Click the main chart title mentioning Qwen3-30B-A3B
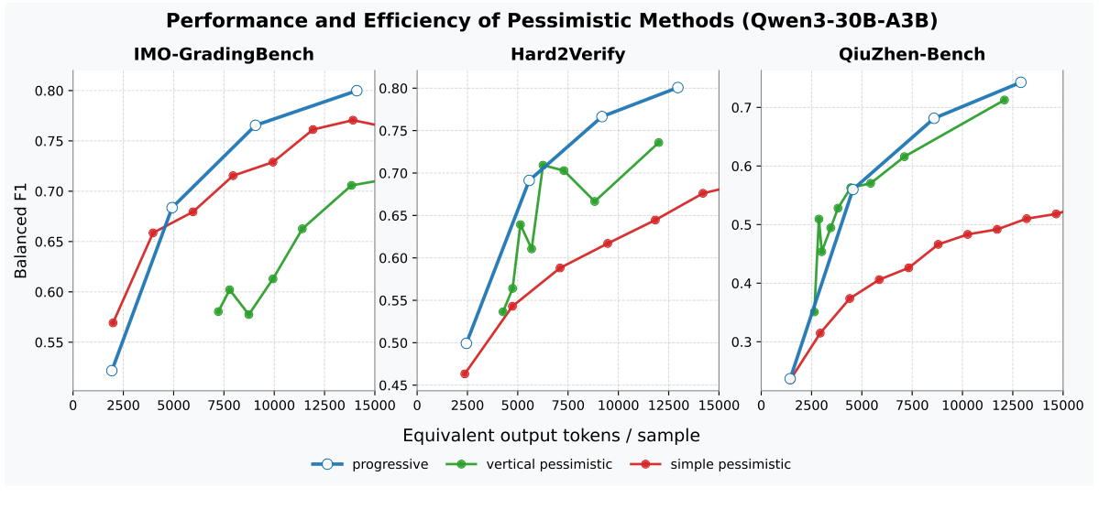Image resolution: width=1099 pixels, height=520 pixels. pos(552,21)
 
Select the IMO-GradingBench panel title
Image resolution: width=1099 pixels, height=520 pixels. pos(224,54)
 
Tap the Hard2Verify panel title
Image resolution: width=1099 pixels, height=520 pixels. pos(567,54)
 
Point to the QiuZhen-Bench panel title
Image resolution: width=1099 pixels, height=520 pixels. pos(912,54)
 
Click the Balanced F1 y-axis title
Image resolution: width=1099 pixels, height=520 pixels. pos(21,228)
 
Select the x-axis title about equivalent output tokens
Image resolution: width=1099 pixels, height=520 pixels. pos(551,436)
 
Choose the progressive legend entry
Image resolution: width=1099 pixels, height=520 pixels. pos(370,464)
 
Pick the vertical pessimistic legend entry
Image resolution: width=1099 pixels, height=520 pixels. pos(529,464)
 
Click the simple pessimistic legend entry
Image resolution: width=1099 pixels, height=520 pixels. pos(710,464)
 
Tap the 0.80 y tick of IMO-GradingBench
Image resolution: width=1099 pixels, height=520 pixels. pos(50,91)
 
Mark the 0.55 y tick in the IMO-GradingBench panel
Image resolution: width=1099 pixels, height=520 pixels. pos(50,342)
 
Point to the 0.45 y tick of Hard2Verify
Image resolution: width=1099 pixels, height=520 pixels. pos(396,385)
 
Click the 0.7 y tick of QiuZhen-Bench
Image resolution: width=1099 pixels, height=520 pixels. pos(744,108)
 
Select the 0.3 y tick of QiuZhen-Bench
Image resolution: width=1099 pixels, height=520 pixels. pos(744,342)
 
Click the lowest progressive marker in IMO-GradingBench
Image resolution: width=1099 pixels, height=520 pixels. pos(112,370)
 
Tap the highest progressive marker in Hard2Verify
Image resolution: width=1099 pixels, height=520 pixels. pos(677,87)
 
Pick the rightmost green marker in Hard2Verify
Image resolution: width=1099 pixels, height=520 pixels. pos(658,143)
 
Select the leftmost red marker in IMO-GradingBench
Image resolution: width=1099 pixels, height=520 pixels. pos(113,322)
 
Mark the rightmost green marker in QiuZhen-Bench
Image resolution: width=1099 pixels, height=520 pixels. pos(1004,100)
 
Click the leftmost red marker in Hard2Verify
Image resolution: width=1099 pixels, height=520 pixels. pos(465,374)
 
